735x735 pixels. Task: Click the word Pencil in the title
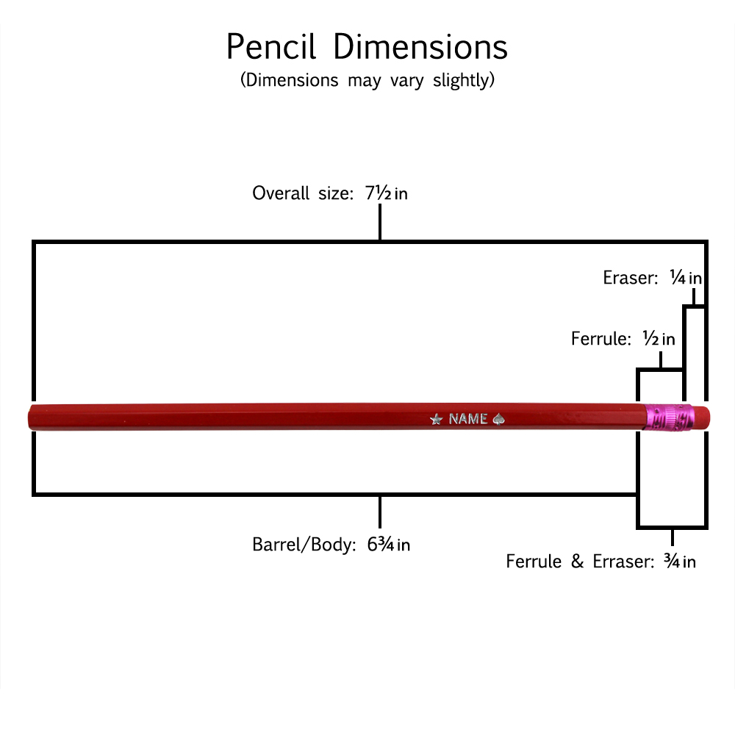click(271, 48)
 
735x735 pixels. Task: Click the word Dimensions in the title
click(420, 48)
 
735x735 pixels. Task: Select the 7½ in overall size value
click(386, 193)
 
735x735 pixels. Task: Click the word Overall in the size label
click(279, 193)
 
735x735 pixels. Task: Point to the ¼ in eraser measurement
click(685, 278)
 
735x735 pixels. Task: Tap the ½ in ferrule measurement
click(659, 339)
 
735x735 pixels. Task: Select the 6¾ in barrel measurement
click(388, 545)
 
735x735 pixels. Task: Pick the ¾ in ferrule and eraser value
click(679, 562)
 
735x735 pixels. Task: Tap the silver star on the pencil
click(436, 419)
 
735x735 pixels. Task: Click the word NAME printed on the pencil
click(468, 419)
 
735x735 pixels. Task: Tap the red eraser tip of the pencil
click(701, 416)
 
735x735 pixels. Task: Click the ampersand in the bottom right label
click(576, 562)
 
